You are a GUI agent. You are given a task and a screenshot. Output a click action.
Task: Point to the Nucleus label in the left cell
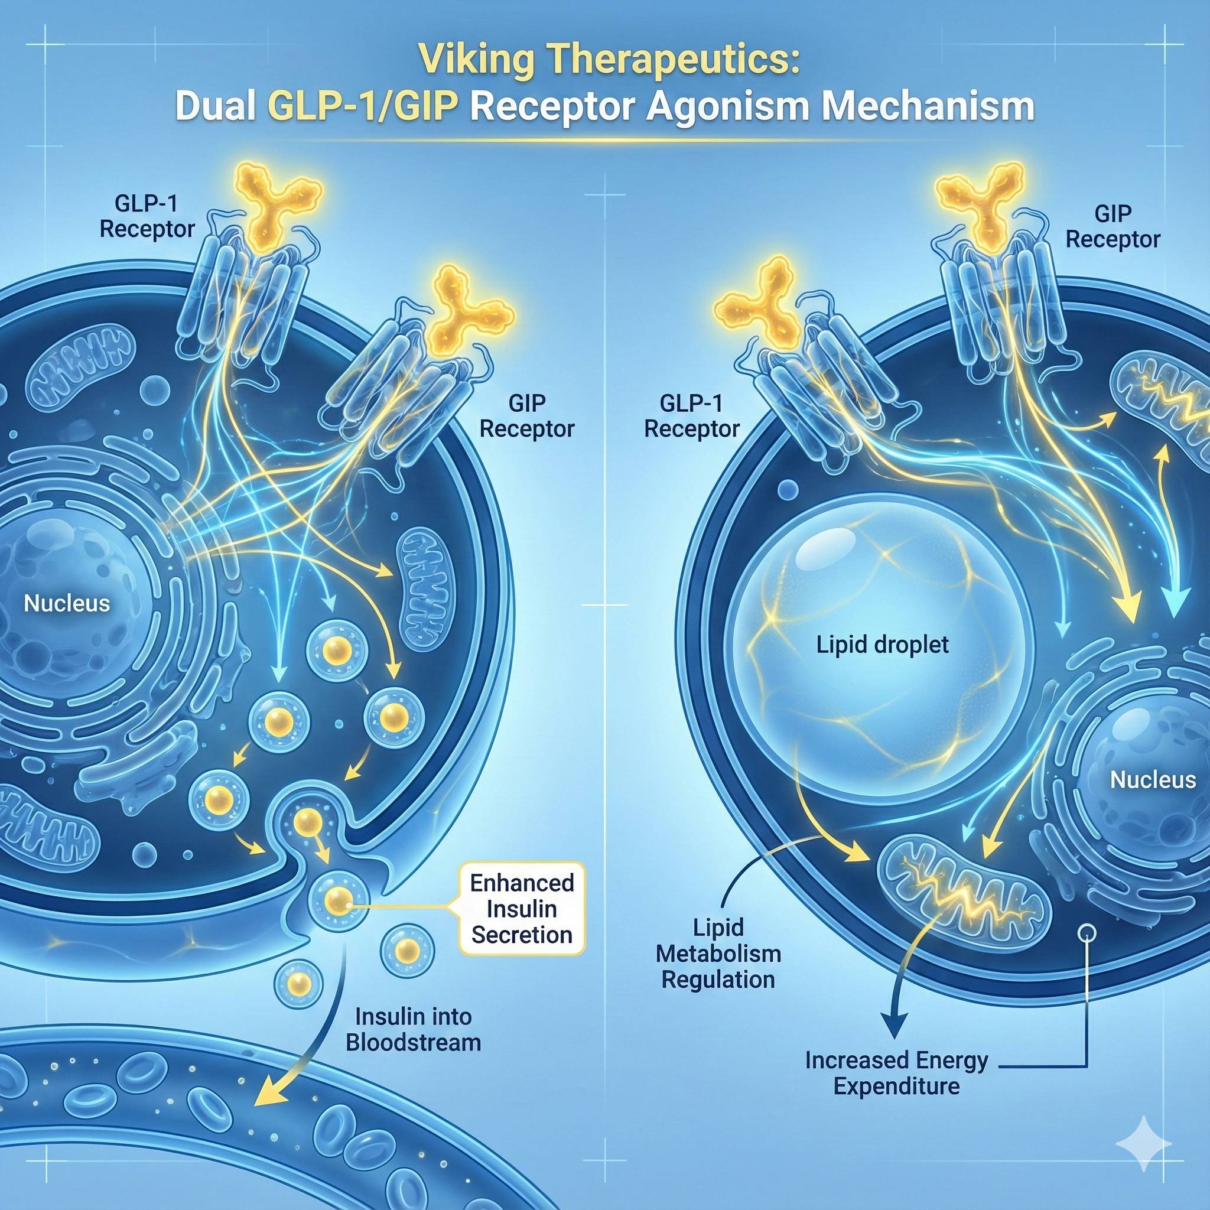point(66,604)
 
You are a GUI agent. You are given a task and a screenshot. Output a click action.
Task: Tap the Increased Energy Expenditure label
point(896,1074)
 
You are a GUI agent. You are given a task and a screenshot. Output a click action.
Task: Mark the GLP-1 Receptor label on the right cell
point(692,416)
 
